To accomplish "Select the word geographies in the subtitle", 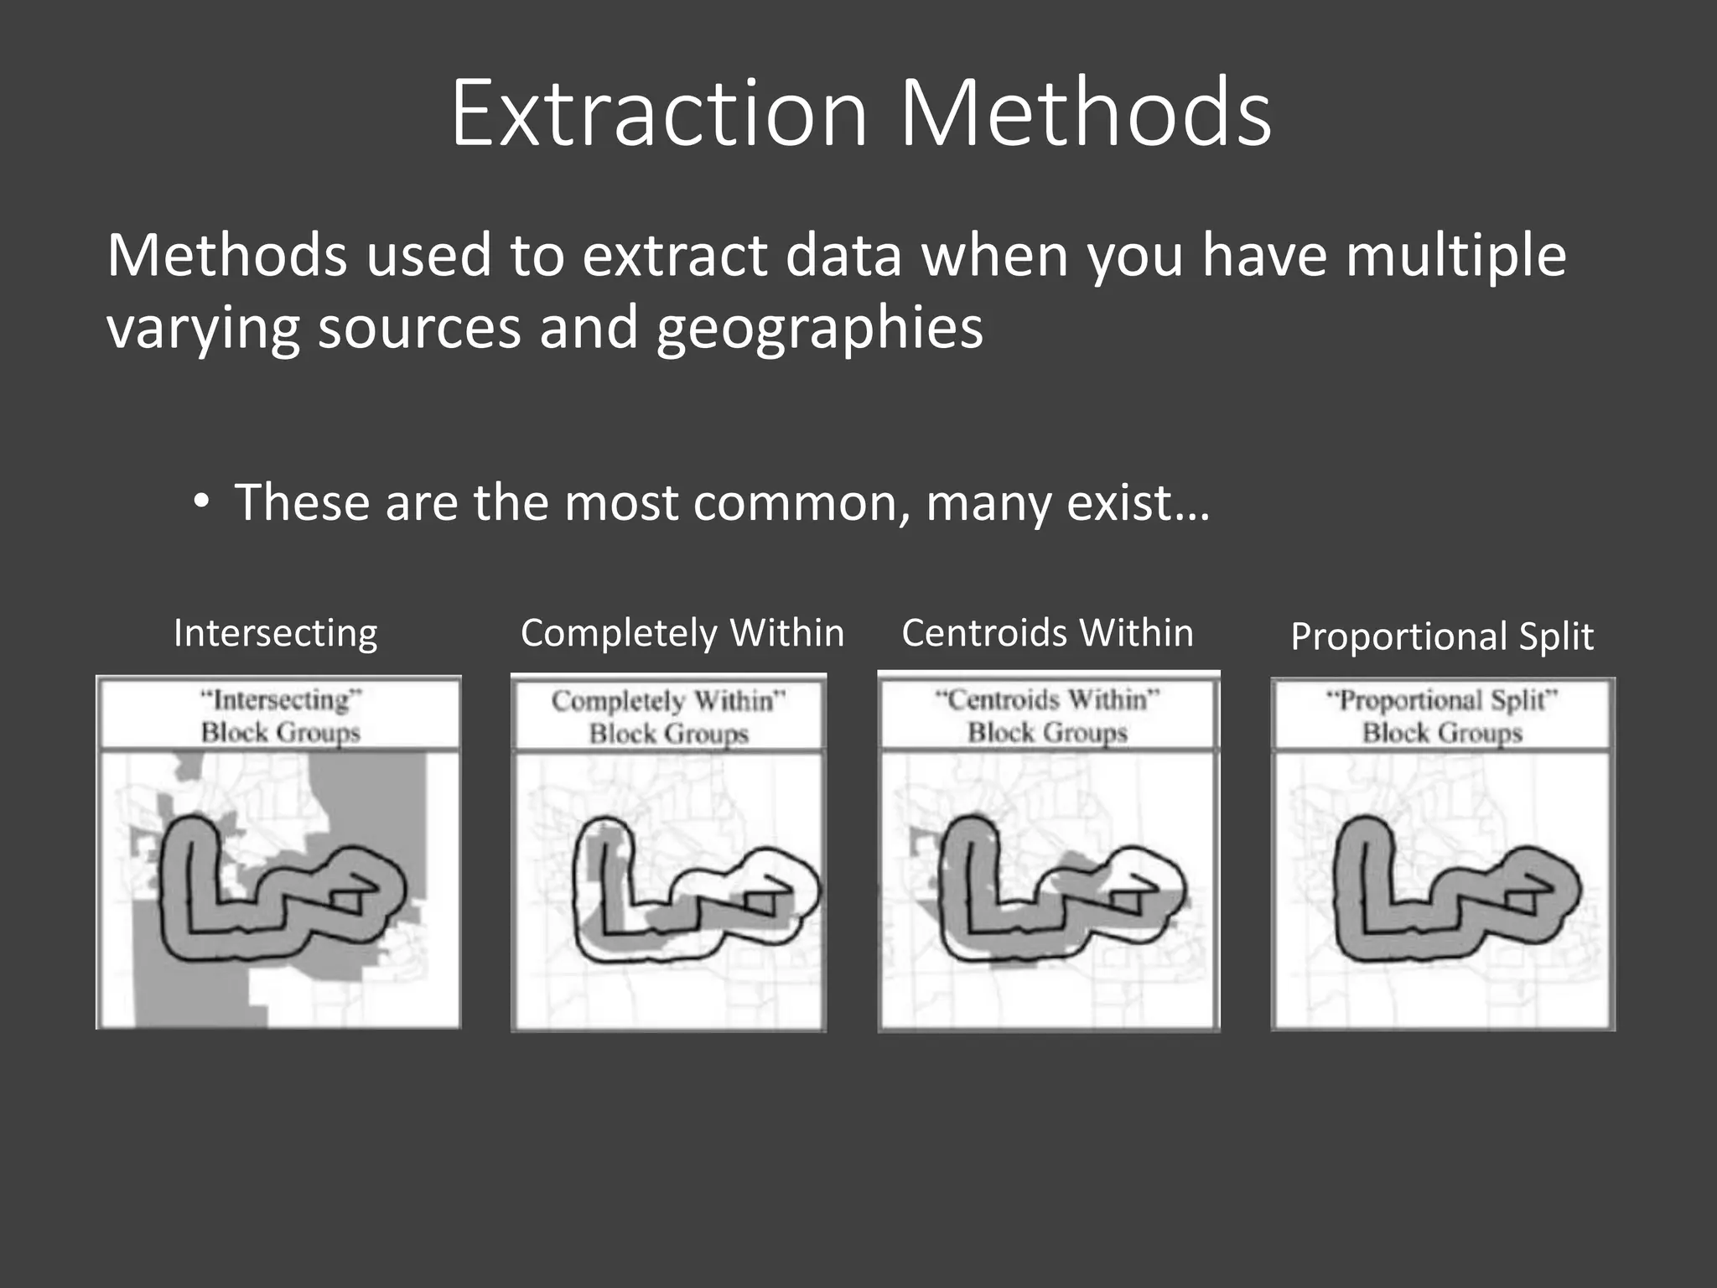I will (819, 329).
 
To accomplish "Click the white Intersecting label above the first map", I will (275, 633).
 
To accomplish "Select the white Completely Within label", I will (682, 633).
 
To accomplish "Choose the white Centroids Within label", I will (1047, 633).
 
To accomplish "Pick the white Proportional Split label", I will (1441, 636).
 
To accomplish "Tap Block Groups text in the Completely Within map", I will (668, 734).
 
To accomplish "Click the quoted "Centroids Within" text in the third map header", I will (1047, 699).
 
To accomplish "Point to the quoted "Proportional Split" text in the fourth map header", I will (1441, 699).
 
